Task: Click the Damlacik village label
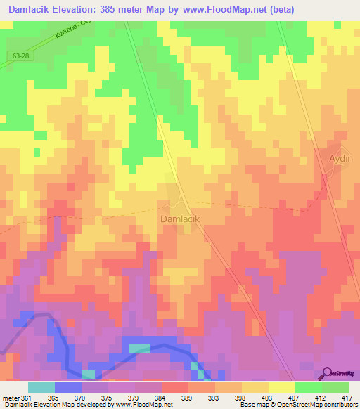pos(181,219)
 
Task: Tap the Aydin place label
pos(341,158)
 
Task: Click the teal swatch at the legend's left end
pos(41,387)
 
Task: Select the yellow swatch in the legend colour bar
pos(282,387)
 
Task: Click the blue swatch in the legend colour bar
pos(68,387)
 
